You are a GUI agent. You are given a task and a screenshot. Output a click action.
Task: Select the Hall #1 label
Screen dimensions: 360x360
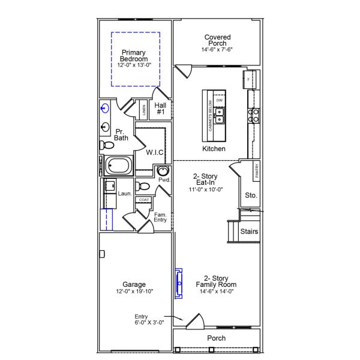pyautogui.click(x=161, y=109)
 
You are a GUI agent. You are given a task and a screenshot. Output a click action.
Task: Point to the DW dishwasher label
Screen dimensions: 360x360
pyautogui.click(x=220, y=100)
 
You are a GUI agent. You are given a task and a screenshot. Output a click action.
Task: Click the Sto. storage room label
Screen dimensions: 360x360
pyautogui.click(x=251, y=195)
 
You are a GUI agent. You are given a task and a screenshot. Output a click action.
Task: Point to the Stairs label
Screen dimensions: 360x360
pyautogui.click(x=249, y=231)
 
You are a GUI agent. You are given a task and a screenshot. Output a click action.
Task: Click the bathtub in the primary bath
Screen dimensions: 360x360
pyautogui.click(x=118, y=166)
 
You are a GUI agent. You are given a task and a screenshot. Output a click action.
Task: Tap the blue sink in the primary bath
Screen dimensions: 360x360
pyautogui.click(x=105, y=109)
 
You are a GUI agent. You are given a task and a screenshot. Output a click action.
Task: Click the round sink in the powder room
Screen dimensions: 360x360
pyautogui.click(x=162, y=170)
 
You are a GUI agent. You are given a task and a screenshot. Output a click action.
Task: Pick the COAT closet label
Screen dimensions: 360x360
pyautogui.click(x=143, y=200)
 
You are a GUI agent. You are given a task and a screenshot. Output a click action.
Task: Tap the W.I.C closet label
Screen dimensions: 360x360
pyautogui.click(x=155, y=152)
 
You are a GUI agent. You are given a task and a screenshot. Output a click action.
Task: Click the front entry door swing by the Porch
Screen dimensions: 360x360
pyautogui.click(x=193, y=322)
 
